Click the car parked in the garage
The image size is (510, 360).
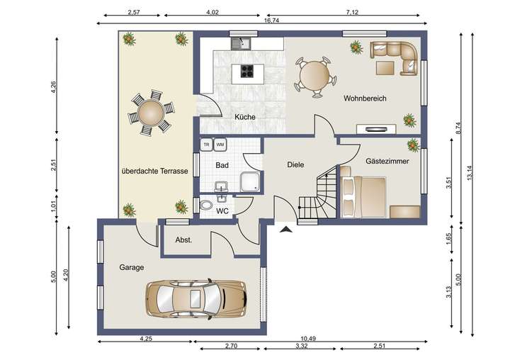(195, 298)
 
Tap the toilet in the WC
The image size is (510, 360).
(206, 205)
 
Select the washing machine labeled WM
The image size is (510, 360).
(220, 145)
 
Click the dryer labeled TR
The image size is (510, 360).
(207, 145)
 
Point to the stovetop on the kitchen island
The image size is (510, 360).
(247, 72)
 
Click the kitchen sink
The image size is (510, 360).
(241, 43)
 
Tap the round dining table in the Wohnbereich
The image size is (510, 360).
(314, 77)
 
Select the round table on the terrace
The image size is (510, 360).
(151, 113)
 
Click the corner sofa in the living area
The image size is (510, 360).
(395, 58)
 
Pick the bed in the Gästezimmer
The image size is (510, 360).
(363, 196)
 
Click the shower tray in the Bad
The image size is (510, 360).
(250, 182)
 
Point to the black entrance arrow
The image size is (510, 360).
(286, 230)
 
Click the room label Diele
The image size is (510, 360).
(295, 164)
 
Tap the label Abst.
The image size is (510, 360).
(183, 240)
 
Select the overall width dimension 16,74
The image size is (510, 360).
(271, 21)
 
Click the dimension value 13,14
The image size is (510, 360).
(469, 172)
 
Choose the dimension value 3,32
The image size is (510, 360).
(302, 346)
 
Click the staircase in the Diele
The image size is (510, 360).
(317, 192)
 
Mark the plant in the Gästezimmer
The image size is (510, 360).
(413, 145)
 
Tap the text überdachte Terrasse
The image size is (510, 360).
(155, 171)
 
